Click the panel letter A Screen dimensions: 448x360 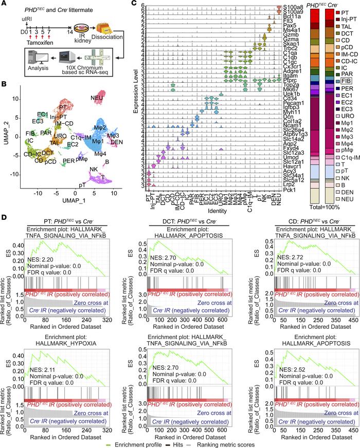coord(5,5)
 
